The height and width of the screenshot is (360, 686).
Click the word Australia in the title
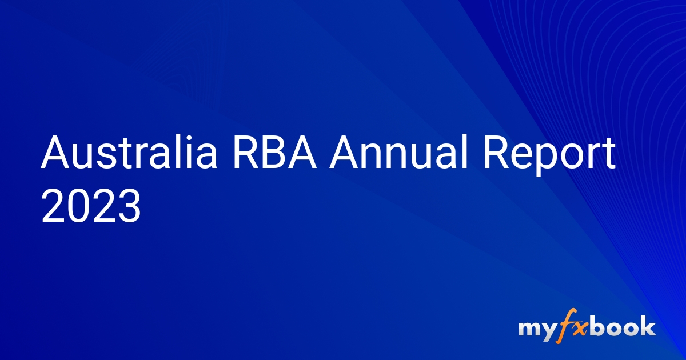tap(129, 153)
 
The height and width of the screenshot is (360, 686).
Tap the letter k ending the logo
tap(648, 327)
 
